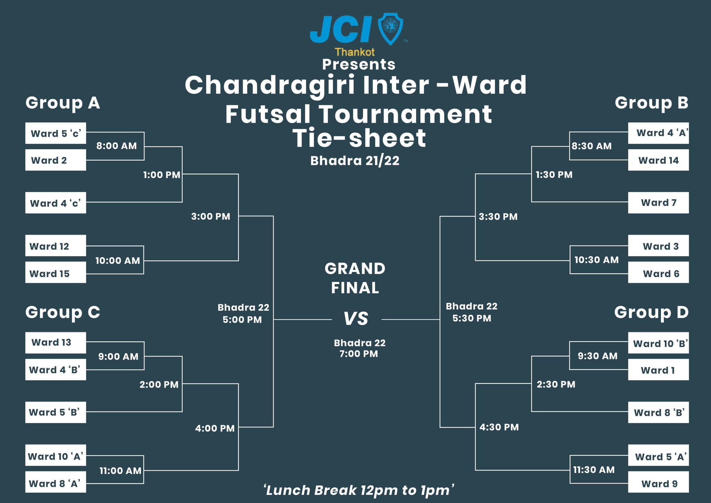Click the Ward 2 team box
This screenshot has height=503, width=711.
[x=56, y=160]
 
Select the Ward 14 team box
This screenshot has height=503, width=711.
[x=658, y=160]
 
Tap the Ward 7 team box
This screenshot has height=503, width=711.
[x=658, y=203]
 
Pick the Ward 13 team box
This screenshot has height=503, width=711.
[x=56, y=343]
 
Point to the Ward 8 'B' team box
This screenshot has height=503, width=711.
[x=658, y=412]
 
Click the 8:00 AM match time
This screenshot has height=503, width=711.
[x=117, y=146]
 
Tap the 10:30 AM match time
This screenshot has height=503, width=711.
[x=596, y=260]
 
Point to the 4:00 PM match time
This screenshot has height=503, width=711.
[x=215, y=428]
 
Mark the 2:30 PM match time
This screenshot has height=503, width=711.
[x=556, y=384]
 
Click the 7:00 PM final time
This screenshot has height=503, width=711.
[x=359, y=354]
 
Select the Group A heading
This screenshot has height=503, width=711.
[x=63, y=103]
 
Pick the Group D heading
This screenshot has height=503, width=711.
[x=651, y=313]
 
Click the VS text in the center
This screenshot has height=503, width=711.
[x=356, y=319]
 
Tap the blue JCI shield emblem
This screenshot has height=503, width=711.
[x=390, y=29]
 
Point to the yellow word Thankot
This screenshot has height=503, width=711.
[x=354, y=52]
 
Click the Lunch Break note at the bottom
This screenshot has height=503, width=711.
[x=359, y=490]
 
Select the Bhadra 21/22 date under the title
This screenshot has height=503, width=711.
[x=355, y=161]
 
